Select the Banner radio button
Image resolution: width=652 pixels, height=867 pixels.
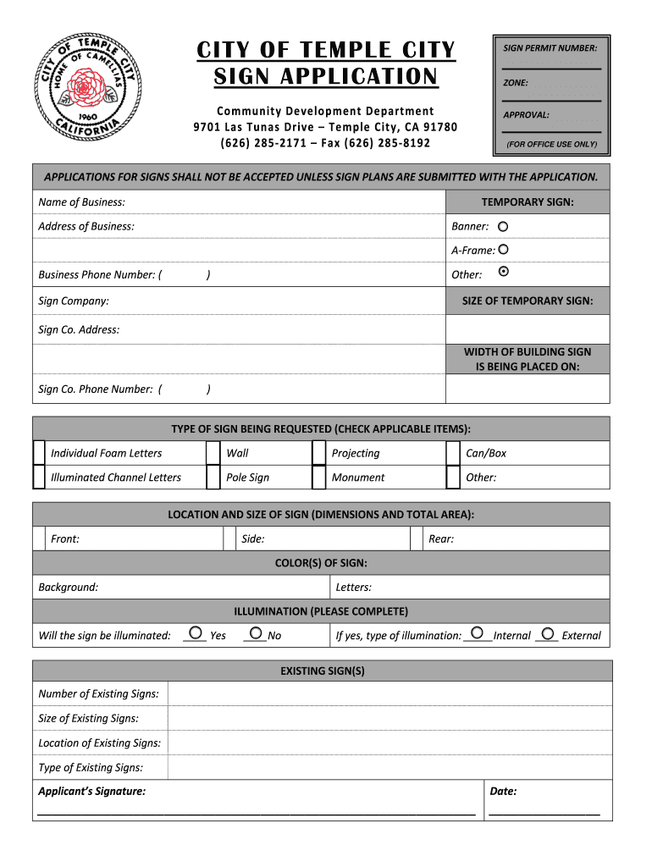pos(503,227)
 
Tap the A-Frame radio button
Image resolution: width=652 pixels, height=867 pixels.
pos(504,250)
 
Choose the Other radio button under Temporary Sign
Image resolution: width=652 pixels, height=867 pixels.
pos(505,272)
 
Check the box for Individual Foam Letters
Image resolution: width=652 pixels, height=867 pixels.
pos(39,453)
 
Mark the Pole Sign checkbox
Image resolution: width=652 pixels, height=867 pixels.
pos(213,478)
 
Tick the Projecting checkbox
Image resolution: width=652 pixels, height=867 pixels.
pos(318,453)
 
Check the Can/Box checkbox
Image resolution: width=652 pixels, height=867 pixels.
pos(453,453)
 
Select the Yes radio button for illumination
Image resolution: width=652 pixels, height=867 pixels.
pos(196,632)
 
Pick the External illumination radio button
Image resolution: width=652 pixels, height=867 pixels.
pos(547,632)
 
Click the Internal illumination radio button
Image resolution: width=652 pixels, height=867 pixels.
pos(478,632)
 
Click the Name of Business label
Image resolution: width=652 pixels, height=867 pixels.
pos(81,202)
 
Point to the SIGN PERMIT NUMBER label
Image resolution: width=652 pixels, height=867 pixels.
pos(550,48)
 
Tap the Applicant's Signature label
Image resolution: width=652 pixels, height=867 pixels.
pos(91,792)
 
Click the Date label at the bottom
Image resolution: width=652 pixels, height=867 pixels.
pos(503,792)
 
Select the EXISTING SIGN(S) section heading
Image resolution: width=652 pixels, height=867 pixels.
pos(322,671)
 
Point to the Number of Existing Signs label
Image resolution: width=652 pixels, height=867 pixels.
pos(98,694)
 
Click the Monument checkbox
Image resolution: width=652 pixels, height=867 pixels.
pos(318,478)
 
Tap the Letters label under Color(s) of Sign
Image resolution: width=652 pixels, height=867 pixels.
pos(353,588)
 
